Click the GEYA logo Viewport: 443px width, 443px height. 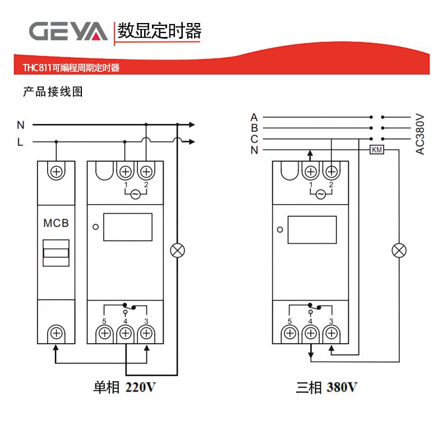(68, 31)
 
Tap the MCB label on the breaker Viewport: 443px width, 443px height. (56, 223)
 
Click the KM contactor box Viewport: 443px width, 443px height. (376, 150)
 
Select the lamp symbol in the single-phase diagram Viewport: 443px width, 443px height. (178, 250)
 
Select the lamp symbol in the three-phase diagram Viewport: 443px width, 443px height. (399, 250)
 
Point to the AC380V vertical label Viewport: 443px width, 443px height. (420, 134)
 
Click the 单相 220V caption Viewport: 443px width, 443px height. (130, 387)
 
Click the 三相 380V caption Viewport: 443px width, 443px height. (327, 387)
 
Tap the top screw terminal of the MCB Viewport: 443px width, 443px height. (56, 171)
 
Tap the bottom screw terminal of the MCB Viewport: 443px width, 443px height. (56, 334)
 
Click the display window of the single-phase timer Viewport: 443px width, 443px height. (128, 227)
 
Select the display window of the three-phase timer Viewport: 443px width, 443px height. (312, 229)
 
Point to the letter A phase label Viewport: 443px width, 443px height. (254, 117)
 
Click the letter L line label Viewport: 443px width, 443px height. (20, 142)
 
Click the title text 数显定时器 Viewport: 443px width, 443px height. (159, 31)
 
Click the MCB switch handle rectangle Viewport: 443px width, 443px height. (56, 253)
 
